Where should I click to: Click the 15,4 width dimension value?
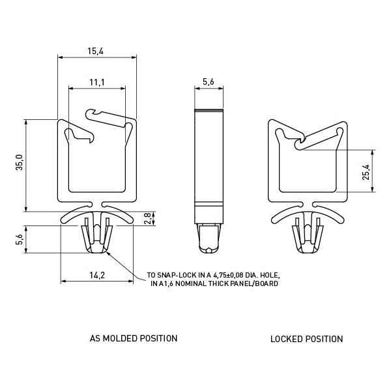tap(95, 51)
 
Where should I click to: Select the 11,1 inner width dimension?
tap(97, 82)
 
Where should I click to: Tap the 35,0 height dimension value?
tap(19, 162)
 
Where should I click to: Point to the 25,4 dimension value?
tap(366, 172)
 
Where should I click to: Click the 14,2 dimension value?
tap(97, 275)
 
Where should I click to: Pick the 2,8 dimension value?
tap(147, 218)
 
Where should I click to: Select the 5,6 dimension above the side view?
tap(209, 81)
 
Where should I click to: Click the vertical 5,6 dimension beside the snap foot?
tap(19, 239)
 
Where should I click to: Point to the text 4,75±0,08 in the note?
tap(228, 275)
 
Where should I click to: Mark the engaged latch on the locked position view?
tap(300, 142)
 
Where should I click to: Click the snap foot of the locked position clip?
tap(307, 235)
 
